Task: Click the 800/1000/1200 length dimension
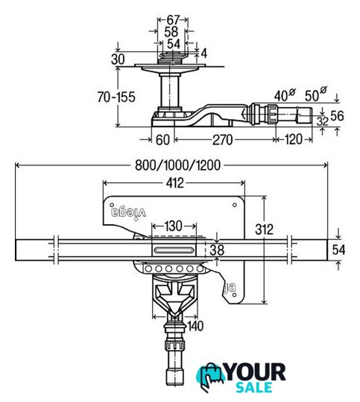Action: pos(177,165)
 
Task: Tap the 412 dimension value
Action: pos(175,183)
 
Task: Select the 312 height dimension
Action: pos(264,229)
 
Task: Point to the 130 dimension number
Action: pos(174,226)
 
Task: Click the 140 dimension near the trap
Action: pos(195,326)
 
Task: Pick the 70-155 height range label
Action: pos(116,97)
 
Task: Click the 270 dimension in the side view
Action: pos(222,140)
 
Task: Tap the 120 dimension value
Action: pos(293,139)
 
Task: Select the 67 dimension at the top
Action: pos(173,20)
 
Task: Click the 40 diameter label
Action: pos(285,95)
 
